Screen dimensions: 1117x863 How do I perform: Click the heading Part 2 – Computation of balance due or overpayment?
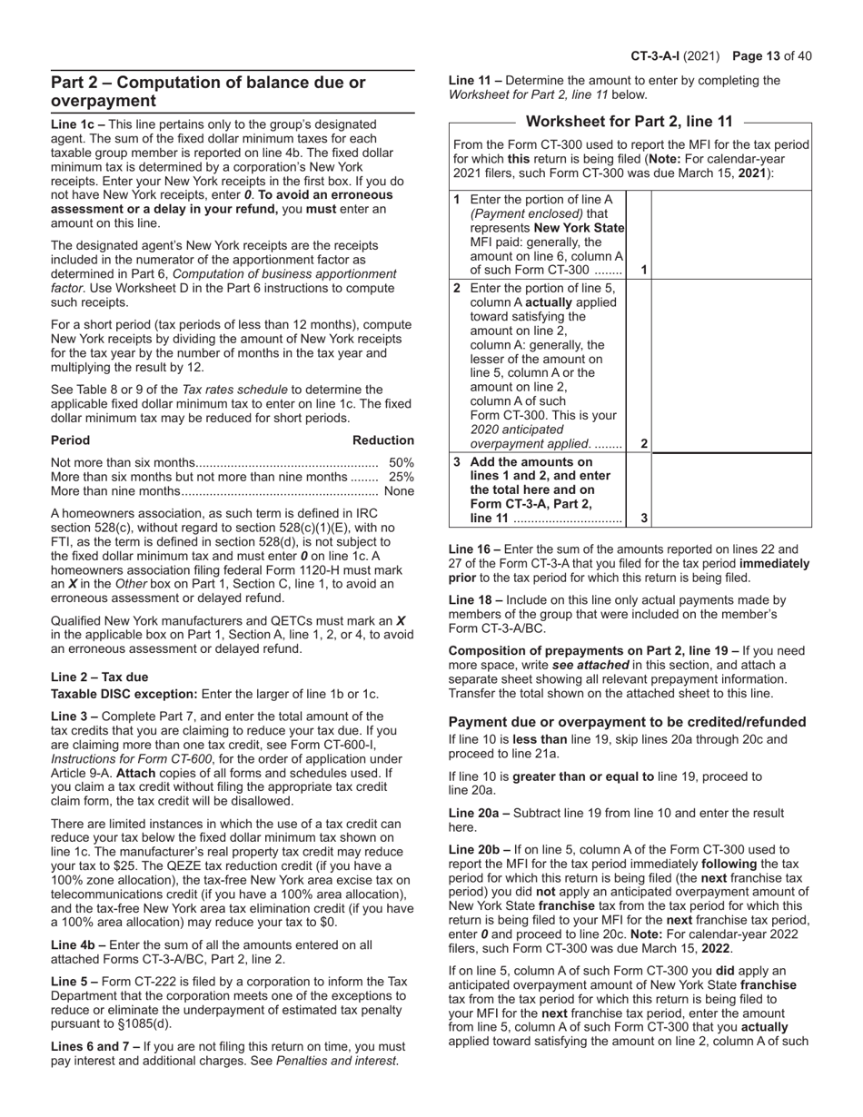(x=208, y=92)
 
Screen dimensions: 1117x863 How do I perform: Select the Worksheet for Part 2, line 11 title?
(x=630, y=122)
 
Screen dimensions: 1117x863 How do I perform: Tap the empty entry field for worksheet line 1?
(x=731, y=234)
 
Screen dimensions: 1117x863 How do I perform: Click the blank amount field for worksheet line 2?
(x=731, y=365)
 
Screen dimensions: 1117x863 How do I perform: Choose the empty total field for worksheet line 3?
(x=731, y=489)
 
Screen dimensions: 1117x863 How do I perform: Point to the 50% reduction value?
(x=401, y=463)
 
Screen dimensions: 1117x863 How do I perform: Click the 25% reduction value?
(x=401, y=477)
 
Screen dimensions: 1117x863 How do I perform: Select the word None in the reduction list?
(x=399, y=490)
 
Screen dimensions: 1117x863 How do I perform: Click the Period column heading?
(x=71, y=440)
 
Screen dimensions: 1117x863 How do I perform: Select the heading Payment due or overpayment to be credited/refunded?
(x=627, y=722)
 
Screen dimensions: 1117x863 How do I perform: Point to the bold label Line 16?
(x=472, y=549)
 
